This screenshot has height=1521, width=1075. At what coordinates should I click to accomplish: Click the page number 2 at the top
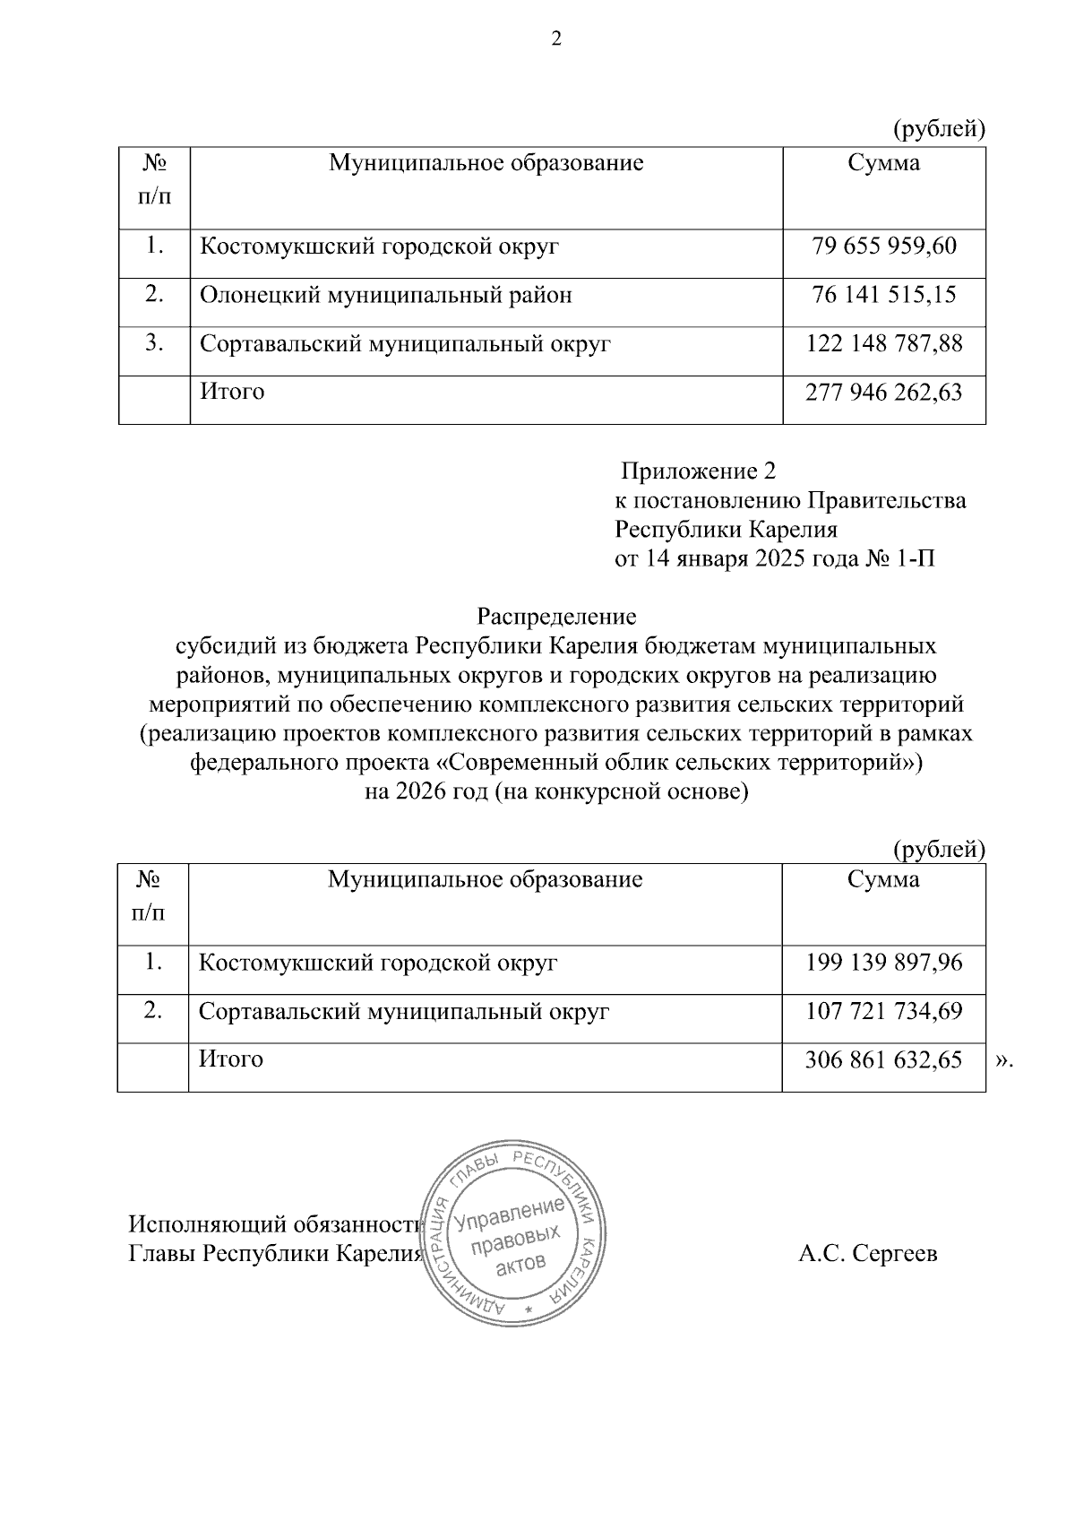coord(555,40)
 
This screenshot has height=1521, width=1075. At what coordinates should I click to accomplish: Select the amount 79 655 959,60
coord(884,246)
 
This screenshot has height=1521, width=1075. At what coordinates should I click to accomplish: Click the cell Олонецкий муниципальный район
coord(385,295)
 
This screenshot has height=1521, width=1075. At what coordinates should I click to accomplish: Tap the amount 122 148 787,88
coord(884,343)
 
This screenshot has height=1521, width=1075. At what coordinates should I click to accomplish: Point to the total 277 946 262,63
coord(884,392)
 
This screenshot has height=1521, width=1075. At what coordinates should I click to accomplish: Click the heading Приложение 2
coord(699,471)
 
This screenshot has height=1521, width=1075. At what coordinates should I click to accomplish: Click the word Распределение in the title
coord(556,617)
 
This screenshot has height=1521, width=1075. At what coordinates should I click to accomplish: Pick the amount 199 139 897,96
coord(884,963)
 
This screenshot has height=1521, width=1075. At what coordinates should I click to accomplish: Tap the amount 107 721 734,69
coord(884,1011)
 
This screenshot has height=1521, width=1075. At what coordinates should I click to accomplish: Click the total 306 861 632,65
coord(884,1059)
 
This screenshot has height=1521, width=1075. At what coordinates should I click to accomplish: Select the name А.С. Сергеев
coord(868,1254)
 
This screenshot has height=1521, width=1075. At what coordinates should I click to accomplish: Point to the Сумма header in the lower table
coord(883,879)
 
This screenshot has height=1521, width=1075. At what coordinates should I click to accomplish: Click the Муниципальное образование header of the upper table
coord(486,163)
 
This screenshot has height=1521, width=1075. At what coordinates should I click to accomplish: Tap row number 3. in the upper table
coord(154,342)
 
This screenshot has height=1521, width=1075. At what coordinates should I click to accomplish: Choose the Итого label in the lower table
coord(231,1059)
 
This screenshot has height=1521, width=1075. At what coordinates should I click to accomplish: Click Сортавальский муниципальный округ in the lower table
coord(404,1011)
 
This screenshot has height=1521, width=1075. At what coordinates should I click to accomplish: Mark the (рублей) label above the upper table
coord(940,130)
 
